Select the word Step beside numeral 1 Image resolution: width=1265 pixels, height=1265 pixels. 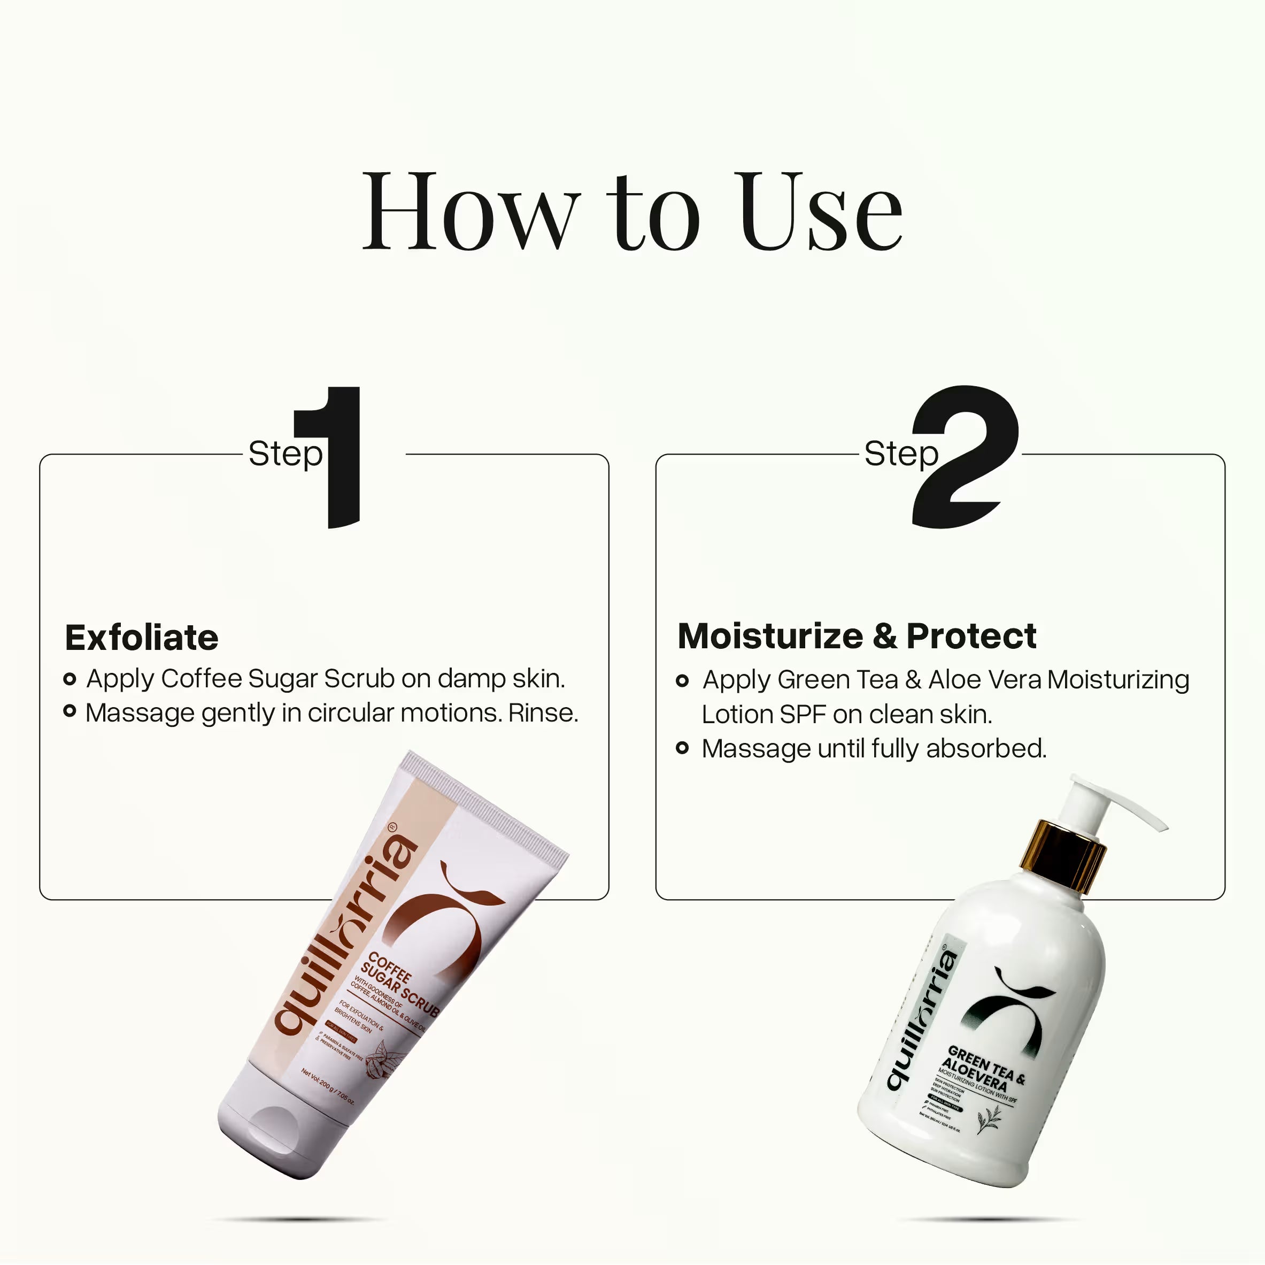point(285,454)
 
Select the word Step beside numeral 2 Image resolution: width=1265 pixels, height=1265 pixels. point(901,454)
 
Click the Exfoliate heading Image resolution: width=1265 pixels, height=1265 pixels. point(142,638)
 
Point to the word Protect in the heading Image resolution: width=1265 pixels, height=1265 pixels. point(971,636)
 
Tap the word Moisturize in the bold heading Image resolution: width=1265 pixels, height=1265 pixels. point(770,636)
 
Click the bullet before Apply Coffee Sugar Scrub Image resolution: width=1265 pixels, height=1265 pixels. point(70,679)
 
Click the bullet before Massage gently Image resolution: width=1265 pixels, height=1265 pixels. point(70,711)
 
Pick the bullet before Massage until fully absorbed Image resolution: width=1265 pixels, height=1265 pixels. point(682,747)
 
